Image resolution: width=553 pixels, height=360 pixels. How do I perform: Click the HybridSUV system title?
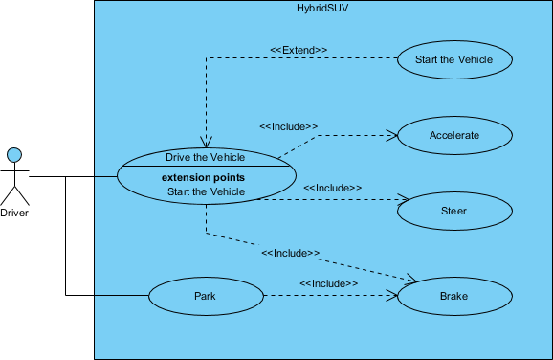322,8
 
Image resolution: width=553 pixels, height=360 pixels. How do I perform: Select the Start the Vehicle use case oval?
453,59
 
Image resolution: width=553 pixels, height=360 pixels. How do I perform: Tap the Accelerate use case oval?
453,135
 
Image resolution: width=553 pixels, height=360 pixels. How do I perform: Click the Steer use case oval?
453,211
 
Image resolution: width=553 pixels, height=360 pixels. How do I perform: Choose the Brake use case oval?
453,297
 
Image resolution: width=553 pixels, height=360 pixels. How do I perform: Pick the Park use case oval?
206,297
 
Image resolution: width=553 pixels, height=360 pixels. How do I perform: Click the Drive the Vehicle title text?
205,157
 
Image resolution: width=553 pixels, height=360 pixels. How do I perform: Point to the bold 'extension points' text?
203,178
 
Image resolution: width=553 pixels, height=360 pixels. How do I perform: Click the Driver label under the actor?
14,214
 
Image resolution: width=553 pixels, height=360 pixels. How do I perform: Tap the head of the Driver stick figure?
14,154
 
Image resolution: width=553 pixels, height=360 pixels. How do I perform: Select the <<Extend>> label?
299,50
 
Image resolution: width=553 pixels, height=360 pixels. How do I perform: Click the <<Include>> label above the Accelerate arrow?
288,125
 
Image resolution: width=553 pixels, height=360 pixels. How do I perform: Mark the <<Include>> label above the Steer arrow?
332,188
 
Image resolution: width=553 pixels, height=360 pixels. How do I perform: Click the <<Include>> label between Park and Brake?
328,284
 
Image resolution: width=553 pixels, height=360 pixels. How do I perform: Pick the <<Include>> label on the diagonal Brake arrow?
289,254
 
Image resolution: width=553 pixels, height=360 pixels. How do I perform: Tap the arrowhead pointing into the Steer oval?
393,199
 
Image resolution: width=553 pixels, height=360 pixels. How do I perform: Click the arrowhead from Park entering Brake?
391,297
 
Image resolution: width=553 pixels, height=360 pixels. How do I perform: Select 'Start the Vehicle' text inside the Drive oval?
206,191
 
